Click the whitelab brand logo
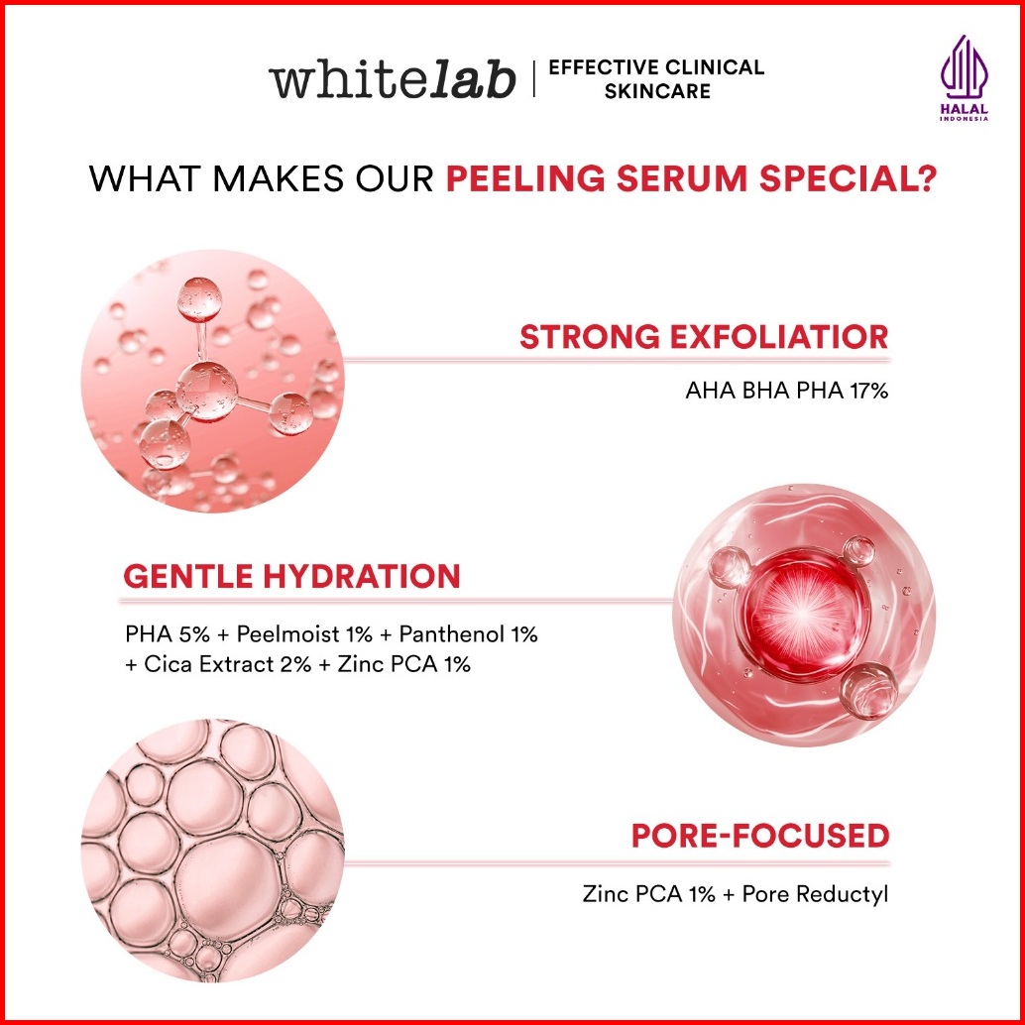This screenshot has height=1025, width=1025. [x=393, y=79]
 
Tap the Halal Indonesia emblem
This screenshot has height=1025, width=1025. [x=965, y=77]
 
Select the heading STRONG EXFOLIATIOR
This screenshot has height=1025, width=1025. [x=704, y=337]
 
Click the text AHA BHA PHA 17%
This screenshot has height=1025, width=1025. [x=787, y=391]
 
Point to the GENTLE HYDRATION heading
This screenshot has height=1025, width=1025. [x=291, y=577]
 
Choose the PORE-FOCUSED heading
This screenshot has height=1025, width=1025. [x=760, y=836]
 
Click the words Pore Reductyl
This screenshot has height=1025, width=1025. [x=815, y=893]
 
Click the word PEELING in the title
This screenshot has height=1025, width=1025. [x=525, y=178]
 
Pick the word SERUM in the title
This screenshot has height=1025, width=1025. [x=682, y=178]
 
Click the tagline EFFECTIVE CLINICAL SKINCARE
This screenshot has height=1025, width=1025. [x=656, y=79]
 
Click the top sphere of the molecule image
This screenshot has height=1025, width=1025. [x=199, y=300]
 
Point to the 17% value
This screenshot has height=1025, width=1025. [x=868, y=391]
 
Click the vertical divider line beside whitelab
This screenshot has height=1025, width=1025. [x=533, y=78]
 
